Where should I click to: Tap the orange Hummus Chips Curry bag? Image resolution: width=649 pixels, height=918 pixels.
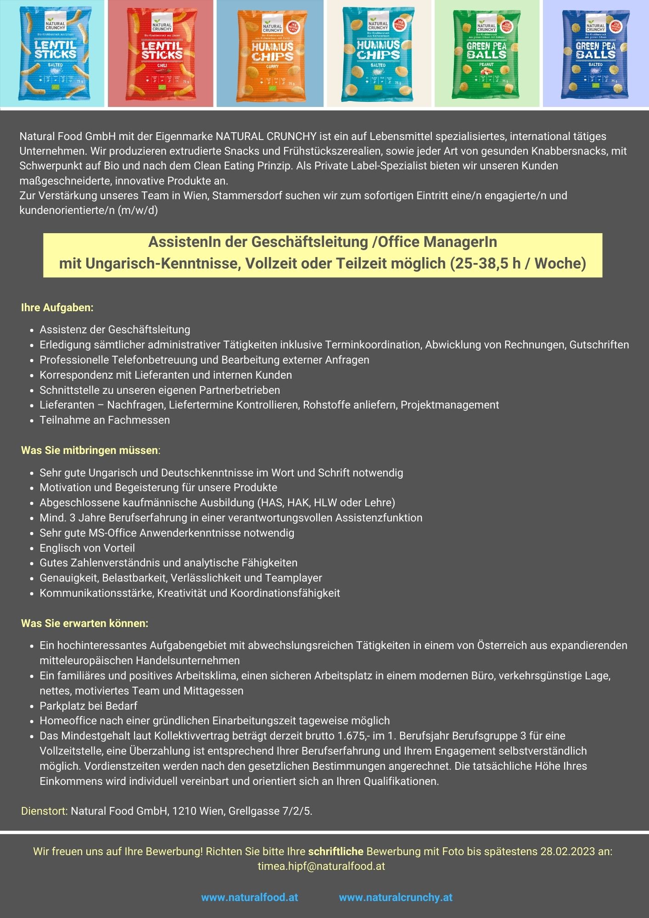pos(271,55)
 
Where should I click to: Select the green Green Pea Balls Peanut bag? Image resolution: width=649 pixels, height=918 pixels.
pos(487,54)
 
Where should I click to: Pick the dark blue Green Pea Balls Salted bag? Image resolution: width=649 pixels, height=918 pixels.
pos(595,54)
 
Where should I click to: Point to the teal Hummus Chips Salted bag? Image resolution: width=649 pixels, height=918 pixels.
pos(378,54)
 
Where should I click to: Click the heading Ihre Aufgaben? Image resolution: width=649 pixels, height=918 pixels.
pos(57,308)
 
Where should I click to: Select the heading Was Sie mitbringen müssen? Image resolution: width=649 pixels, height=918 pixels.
pos(90,450)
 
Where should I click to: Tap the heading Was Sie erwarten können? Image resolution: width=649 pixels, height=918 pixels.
pos(85,623)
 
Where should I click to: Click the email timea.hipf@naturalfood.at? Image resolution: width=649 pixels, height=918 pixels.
pos(321,866)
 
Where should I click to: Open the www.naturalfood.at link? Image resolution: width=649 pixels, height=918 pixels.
pos(250,897)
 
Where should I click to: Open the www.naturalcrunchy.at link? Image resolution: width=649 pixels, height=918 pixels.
pos(396,897)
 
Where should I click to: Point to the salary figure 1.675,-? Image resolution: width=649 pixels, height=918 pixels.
pos(353,736)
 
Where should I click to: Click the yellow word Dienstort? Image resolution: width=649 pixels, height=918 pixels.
pos(44,811)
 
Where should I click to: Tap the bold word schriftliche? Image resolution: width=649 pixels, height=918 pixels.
pos(336,851)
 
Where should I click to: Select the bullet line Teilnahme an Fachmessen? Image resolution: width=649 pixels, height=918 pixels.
pos(105,420)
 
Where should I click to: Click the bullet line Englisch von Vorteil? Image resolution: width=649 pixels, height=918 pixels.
pos(87,548)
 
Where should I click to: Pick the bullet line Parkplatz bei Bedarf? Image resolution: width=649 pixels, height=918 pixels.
pos(89,706)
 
